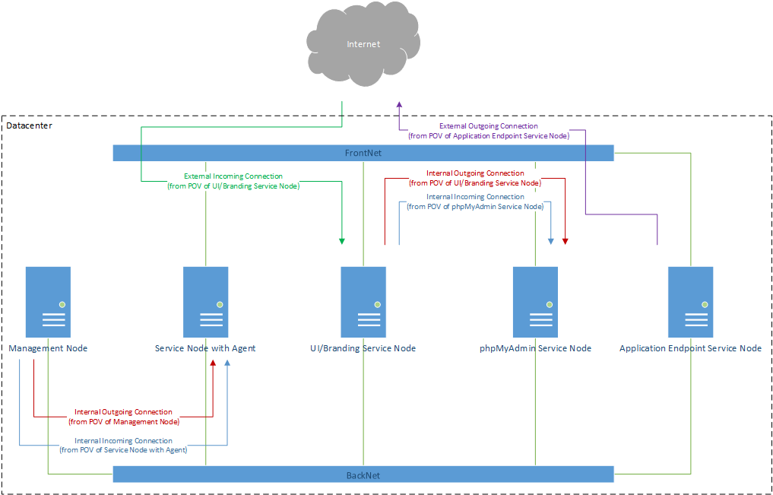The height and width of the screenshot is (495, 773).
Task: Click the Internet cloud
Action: [x=363, y=46]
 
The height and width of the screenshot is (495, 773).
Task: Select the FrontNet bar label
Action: [x=363, y=153]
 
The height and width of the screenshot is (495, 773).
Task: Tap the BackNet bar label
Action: [x=363, y=475]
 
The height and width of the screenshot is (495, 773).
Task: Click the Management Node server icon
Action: [x=48, y=302]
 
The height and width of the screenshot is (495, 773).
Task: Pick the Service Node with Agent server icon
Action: [x=206, y=302]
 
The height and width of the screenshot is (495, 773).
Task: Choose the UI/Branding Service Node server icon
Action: [x=363, y=302]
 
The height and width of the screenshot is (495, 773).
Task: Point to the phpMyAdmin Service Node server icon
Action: [x=536, y=302]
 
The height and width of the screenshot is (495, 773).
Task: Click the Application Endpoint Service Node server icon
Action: [x=690, y=302]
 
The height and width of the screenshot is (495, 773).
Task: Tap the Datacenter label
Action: [x=29, y=125]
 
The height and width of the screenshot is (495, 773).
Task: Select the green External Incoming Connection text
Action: [x=233, y=176]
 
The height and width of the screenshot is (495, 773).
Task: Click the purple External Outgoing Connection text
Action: [x=489, y=126]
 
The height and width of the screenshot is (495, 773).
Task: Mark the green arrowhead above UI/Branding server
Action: [x=342, y=241]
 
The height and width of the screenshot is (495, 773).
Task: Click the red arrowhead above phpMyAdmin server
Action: [x=565, y=241]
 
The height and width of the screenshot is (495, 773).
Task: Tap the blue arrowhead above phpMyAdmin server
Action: [x=551, y=241]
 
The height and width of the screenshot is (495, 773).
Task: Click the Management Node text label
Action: [x=48, y=348]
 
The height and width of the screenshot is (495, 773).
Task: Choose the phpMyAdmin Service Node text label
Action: [x=535, y=348]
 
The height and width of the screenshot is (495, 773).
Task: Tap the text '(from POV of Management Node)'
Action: [x=124, y=421]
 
